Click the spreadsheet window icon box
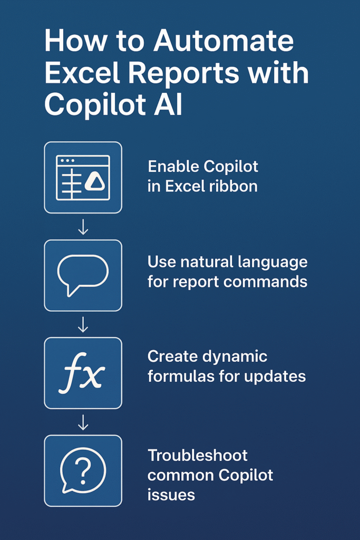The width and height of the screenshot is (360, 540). pos(83,177)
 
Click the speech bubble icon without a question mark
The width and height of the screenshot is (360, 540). pos(83,275)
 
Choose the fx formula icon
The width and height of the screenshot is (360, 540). pos(83,373)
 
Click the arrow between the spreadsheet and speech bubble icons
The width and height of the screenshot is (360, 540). pos(83,227)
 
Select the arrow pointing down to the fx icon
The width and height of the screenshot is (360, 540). pos(83,324)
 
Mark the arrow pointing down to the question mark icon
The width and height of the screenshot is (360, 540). pos(83,422)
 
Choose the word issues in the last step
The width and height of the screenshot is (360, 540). pos(171,495)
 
